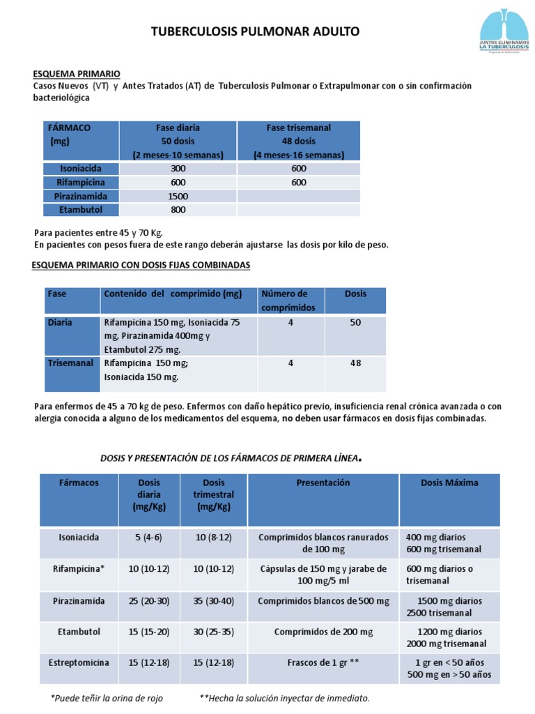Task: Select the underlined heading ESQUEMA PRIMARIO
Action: (x=77, y=73)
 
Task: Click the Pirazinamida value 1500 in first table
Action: (x=178, y=196)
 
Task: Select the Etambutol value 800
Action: (x=178, y=209)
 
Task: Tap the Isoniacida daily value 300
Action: (x=178, y=169)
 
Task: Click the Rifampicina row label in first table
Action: (x=81, y=182)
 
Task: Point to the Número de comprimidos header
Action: (x=288, y=301)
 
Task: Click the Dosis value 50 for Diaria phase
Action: (x=355, y=323)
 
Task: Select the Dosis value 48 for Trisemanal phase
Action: (x=355, y=363)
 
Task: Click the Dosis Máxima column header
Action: (x=449, y=483)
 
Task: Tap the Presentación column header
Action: (x=323, y=483)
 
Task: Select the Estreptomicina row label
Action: (x=79, y=662)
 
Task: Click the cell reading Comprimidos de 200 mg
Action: (x=323, y=632)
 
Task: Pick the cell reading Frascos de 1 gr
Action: (x=323, y=662)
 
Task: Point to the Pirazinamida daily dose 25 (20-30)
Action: (x=148, y=600)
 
